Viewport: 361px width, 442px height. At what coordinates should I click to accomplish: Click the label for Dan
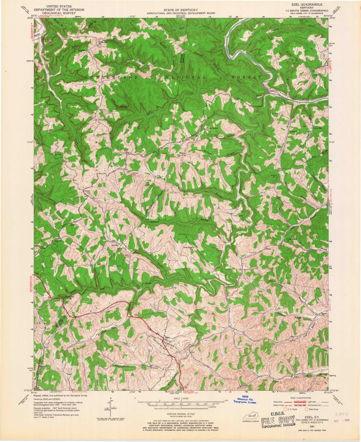click(x=126, y=151)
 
